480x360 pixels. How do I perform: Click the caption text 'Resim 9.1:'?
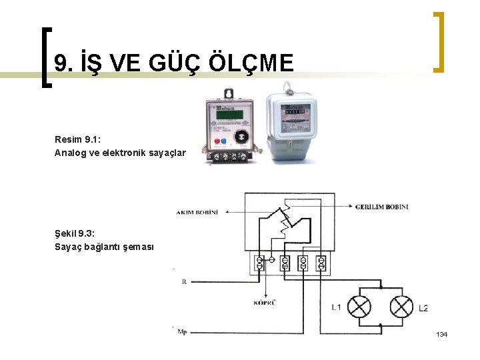[x=77, y=140]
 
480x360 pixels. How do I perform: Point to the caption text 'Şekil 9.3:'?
[x=75, y=233]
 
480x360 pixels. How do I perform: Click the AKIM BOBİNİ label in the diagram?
[x=197, y=212]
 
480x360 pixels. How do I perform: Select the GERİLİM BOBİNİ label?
[x=382, y=207]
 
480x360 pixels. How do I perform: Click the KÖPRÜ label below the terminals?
[x=265, y=303]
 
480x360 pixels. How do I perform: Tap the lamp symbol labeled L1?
[x=361, y=307]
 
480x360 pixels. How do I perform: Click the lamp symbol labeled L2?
[x=401, y=307]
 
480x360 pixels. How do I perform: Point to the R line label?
[x=184, y=282]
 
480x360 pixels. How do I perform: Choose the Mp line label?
[x=182, y=330]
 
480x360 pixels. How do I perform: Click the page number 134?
[x=441, y=333]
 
